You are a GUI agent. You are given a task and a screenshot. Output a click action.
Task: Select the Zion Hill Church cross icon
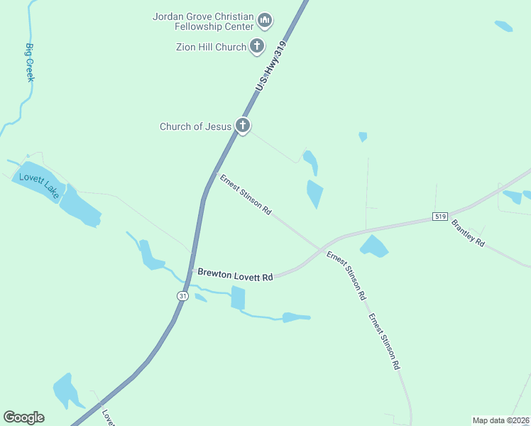coord(256,48)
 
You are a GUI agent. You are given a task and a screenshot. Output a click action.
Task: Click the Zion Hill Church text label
coord(211,48)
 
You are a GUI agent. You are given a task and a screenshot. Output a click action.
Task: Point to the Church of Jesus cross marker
coord(243,126)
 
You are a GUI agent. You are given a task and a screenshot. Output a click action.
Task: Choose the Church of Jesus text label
coord(195,126)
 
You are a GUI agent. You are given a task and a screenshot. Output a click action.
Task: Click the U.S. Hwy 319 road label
coord(270,65)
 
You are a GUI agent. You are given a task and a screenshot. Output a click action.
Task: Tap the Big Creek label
coord(30,62)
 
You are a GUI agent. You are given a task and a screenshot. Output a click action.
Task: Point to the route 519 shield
coord(440,216)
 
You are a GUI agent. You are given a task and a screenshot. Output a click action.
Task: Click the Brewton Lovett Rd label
coord(235,274)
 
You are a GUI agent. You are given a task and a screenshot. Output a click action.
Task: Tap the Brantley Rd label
coord(468,233)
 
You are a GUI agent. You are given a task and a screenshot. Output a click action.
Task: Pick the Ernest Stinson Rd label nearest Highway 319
coord(246,195)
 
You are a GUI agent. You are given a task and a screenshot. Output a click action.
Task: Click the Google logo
coord(23,417)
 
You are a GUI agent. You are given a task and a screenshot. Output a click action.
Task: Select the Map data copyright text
coord(500,420)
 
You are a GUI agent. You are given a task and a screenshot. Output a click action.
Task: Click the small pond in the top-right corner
coord(503,26)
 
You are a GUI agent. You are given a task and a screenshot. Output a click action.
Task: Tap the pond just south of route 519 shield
coord(374,246)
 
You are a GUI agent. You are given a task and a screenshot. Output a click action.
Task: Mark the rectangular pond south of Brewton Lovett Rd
coord(238,298)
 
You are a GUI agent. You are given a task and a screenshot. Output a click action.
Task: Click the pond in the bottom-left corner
coord(66,391)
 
